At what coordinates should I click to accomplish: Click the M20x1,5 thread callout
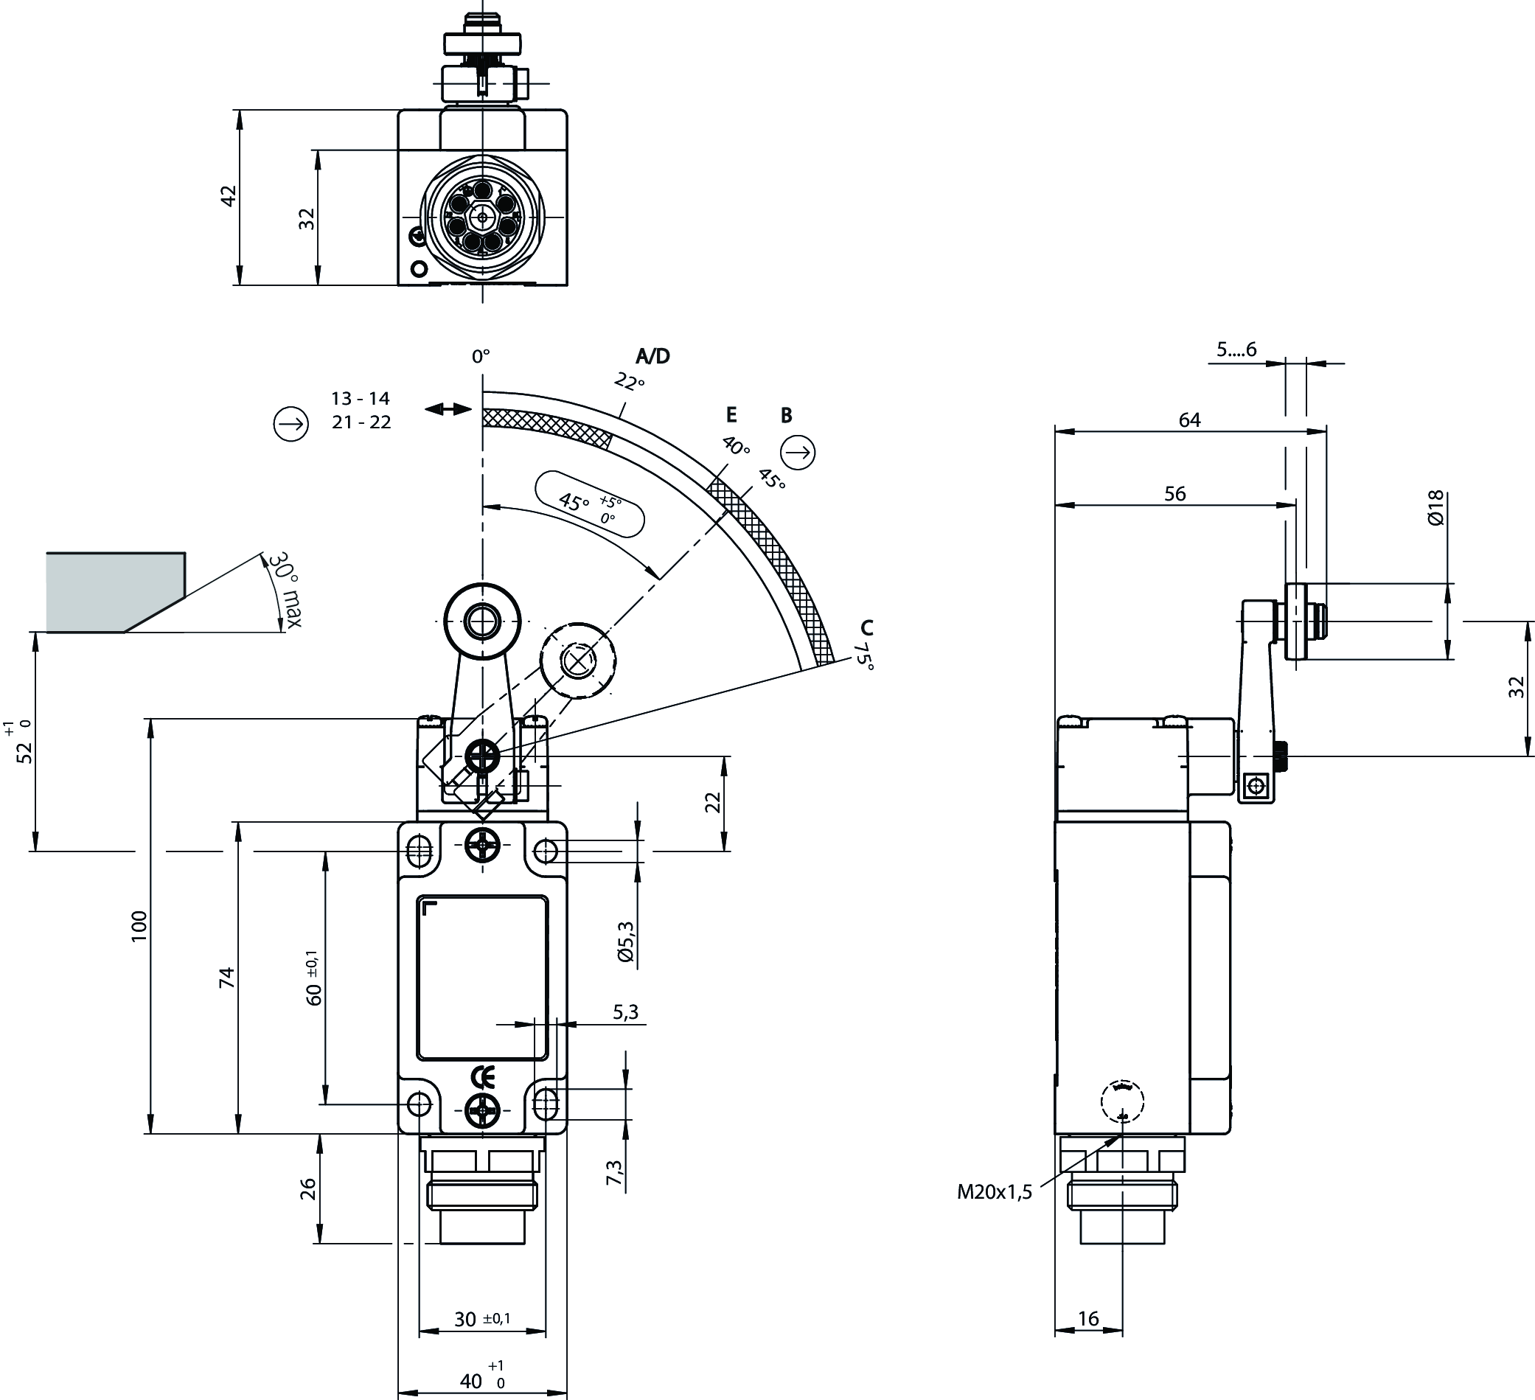(994, 1192)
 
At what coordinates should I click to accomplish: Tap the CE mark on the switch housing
(483, 1077)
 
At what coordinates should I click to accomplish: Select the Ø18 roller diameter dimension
(1435, 508)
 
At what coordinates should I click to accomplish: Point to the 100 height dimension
(139, 926)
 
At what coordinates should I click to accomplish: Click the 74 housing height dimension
(226, 978)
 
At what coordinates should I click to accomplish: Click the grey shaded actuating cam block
(114, 591)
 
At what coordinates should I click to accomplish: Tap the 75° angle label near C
(865, 655)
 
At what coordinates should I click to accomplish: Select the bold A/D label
(652, 355)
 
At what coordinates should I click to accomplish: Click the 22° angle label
(630, 380)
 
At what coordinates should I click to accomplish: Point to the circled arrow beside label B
(798, 453)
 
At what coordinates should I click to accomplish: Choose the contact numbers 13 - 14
(360, 398)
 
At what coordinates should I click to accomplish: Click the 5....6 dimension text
(1236, 349)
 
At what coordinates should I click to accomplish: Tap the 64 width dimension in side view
(1189, 419)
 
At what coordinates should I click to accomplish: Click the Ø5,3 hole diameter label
(626, 941)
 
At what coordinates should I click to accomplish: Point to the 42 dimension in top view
(229, 195)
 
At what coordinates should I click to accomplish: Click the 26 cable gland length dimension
(307, 1188)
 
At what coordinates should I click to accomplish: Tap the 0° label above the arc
(481, 355)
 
